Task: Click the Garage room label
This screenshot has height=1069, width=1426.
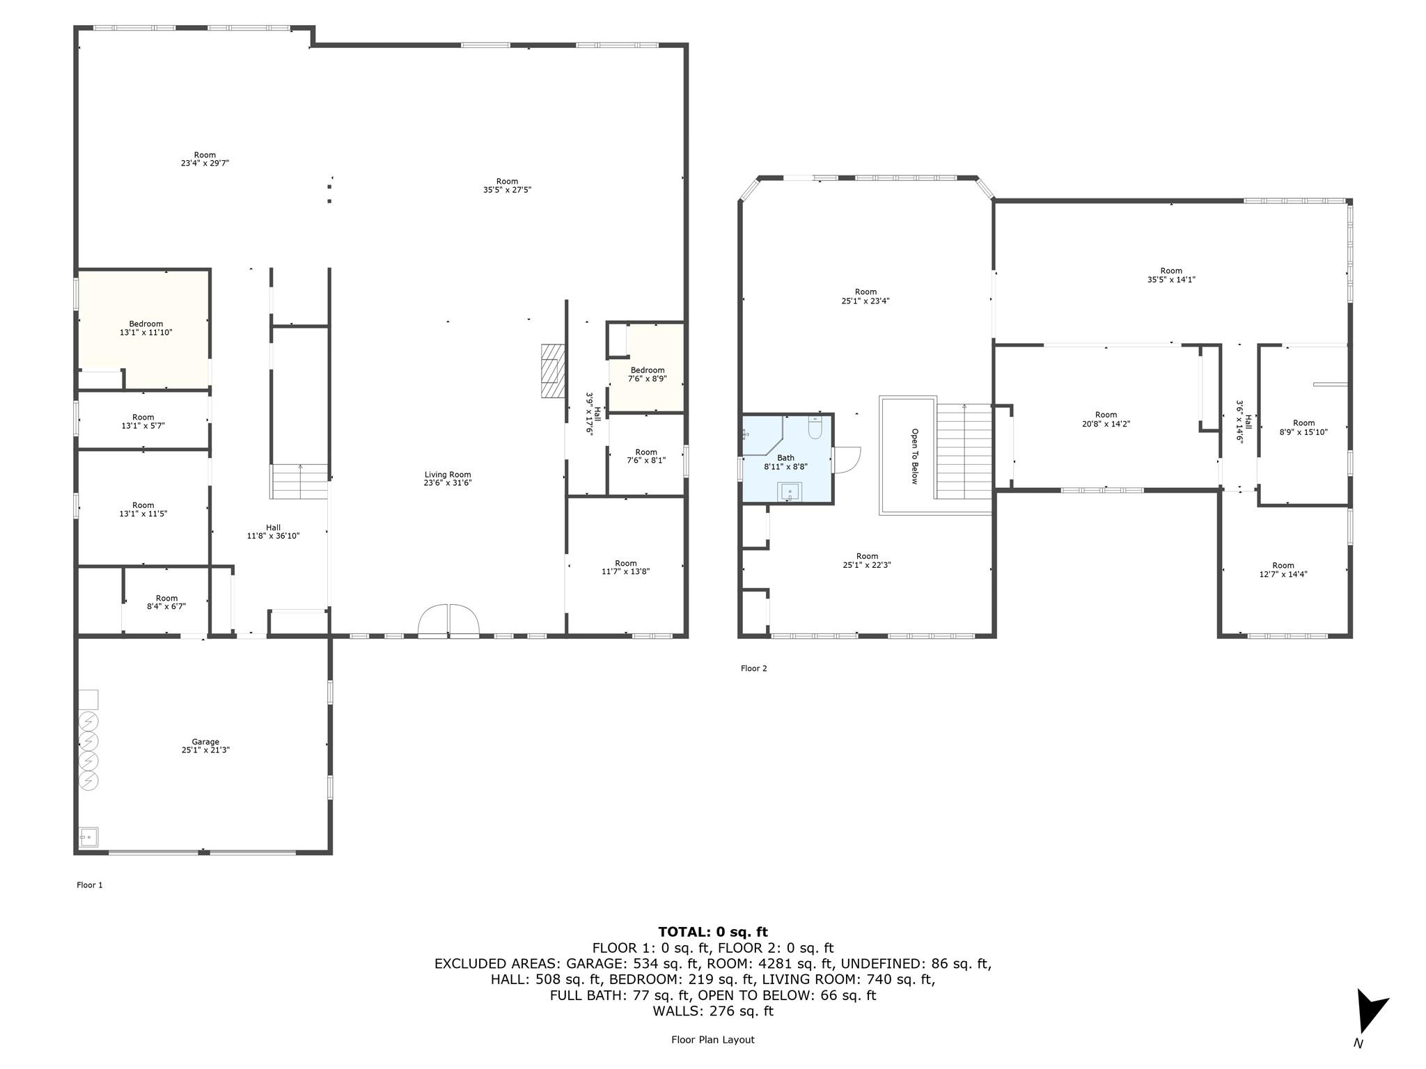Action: point(205,746)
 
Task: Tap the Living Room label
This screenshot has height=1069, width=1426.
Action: point(448,479)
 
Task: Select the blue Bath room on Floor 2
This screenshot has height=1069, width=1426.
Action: point(787,459)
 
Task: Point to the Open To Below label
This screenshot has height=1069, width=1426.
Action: point(915,456)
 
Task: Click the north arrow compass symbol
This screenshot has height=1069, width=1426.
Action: point(1370,1013)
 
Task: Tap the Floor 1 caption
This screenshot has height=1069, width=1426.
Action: point(90,885)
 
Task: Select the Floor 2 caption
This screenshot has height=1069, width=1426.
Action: point(753,668)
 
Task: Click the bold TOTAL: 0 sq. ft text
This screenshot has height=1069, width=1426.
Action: point(713,932)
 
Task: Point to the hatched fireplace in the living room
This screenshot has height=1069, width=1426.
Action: point(553,371)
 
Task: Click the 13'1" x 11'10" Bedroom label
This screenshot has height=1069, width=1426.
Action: point(146,328)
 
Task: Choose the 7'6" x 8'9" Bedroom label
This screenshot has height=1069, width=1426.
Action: point(648,375)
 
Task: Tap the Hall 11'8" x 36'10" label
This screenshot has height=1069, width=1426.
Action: point(273,532)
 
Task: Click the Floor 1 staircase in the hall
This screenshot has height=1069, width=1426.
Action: point(299,482)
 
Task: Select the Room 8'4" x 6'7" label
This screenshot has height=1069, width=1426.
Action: point(166,602)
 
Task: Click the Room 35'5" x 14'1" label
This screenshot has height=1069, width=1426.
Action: point(1171,275)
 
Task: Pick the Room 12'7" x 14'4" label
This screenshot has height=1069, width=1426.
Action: point(1283,570)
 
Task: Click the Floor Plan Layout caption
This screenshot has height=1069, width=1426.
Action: point(713,1040)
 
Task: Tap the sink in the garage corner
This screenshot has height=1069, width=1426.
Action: point(88,837)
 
